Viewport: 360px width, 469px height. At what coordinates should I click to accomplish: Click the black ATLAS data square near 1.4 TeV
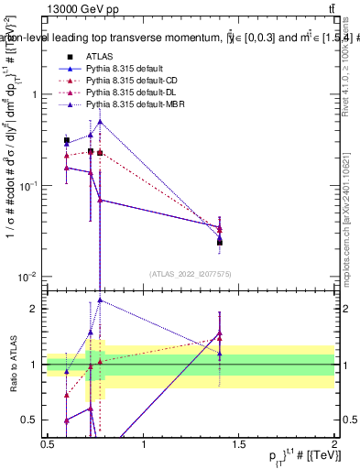(x=220, y=242)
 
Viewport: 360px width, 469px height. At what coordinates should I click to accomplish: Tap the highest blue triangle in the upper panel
(x=100, y=121)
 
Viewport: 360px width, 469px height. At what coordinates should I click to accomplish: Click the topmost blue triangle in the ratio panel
(x=100, y=300)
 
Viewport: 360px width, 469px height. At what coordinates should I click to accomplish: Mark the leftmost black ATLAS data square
(x=67, y=141)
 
